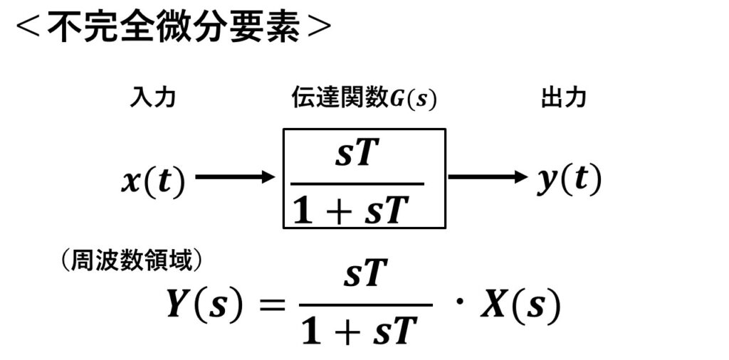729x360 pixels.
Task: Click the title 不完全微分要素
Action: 173,29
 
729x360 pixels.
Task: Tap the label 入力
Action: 152,98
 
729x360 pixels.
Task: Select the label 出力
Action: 563,98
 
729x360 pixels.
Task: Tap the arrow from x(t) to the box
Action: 235,176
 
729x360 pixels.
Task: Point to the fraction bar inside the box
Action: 364,183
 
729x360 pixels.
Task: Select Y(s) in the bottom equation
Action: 204,305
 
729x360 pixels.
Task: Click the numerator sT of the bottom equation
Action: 365,276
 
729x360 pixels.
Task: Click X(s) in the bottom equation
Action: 521,305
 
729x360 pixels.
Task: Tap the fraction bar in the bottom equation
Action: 365,305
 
